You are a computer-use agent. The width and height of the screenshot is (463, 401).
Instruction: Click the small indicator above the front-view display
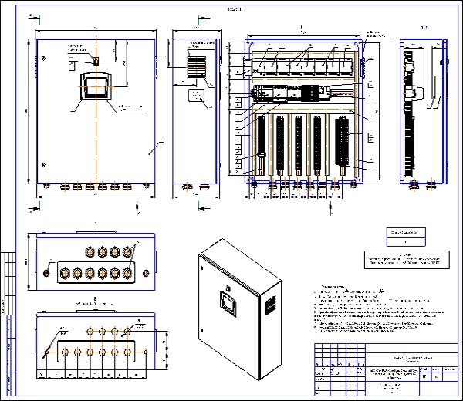pos(95,59)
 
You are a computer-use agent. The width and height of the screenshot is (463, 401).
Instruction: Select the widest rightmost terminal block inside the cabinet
pos(341,144)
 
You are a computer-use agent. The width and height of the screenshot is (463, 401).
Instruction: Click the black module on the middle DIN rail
pos(310,91)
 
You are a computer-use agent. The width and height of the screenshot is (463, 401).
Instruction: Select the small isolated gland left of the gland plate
pos(48,271)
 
